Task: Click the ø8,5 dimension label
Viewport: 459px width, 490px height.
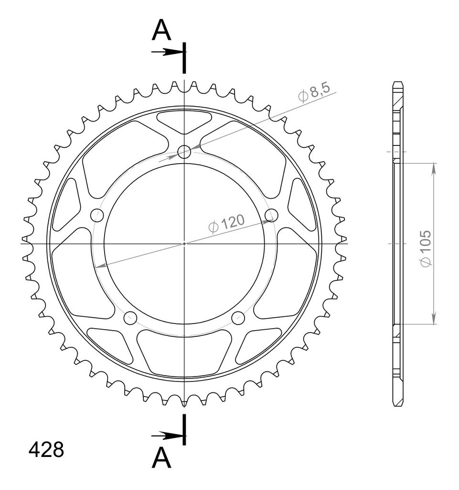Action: (314, 92)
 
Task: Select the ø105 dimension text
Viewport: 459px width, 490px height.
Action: (426, 248)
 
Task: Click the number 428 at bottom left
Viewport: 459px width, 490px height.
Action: (46, 450)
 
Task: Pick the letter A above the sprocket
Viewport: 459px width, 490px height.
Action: (161, 30)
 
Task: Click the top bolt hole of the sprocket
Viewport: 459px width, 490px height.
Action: (184, 152)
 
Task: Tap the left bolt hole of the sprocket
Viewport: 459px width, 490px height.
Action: (96, 215)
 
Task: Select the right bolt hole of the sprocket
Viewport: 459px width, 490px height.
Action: (271, 215)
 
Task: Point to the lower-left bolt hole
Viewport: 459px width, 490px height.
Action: (130, 318)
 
